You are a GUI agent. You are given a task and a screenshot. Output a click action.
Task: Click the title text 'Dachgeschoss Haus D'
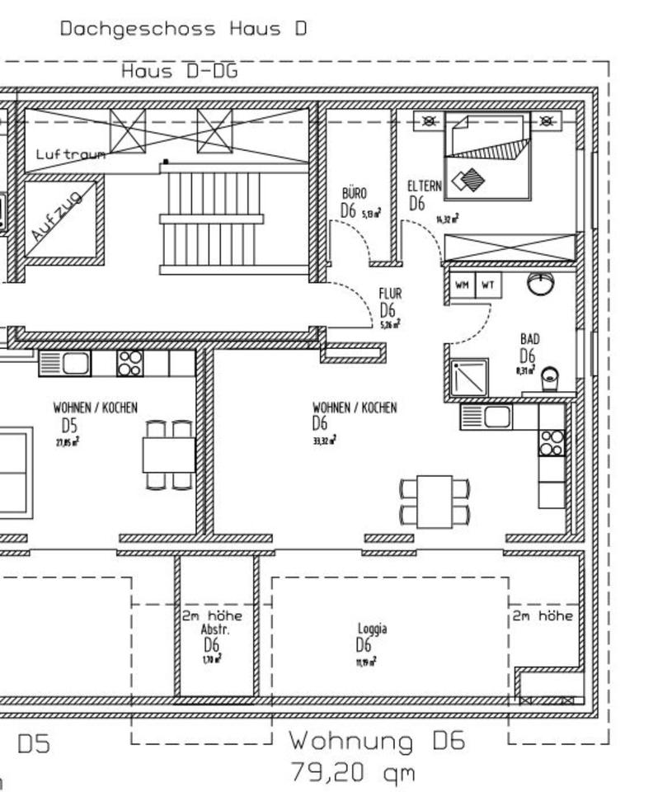pos(183,29)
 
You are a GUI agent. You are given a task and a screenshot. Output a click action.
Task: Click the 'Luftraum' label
pos(69,154)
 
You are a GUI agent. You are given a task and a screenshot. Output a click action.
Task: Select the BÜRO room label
pos(355,193)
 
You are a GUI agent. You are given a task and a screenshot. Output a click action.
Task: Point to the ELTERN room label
pos(424,186)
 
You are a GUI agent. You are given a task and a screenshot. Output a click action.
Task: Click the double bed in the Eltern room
pos(486,157)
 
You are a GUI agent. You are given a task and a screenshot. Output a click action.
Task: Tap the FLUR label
pos(390,293)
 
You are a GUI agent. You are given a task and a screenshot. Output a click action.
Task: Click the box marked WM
pos(462,285)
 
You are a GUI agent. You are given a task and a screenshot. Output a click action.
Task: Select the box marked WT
pos(487,285)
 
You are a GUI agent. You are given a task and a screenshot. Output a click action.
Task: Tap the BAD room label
pos(529,339)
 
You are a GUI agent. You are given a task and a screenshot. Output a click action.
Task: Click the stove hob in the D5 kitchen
pos(130,363)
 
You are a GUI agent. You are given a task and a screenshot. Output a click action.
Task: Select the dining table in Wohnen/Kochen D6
pos(435,502)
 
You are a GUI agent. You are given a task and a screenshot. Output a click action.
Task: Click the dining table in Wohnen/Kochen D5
pos(168,455)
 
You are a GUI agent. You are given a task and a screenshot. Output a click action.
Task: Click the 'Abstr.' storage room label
pos(211,629)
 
